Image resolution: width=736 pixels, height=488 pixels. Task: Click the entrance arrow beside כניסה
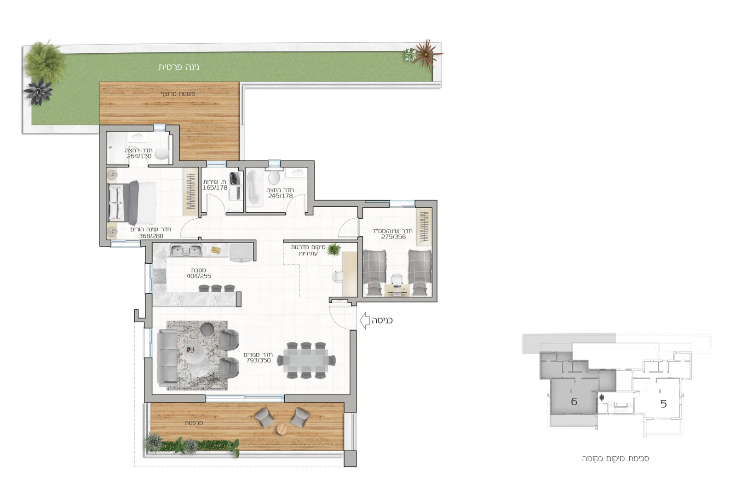(x=364, y=320)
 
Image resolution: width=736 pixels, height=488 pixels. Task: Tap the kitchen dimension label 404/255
(x=199, y=276)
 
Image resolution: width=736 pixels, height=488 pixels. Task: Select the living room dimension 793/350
(x=259, y=360)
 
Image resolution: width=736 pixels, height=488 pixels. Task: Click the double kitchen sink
(x=186, y=251)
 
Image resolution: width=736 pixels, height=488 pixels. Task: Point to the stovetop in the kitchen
(x=159, y=276)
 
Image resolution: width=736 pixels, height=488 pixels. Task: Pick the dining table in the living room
(x=306, y=360)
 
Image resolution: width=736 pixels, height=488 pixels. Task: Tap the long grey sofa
(x=167, y=357)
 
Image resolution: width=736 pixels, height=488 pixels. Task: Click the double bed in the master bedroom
(x=132, y=203)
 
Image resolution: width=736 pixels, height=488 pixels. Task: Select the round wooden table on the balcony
(x=282, y=429)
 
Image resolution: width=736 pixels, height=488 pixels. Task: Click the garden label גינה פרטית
(x=179, y=67)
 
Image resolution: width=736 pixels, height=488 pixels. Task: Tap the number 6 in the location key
(x=574, y=402)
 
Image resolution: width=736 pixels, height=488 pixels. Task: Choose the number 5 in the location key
(x=663, y=403)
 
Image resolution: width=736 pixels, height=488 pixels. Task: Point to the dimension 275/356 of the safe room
(x=393, y=237)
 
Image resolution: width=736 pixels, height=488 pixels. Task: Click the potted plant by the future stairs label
(x=334, y=249)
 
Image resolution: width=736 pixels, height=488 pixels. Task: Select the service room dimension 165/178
(x=215, y=188)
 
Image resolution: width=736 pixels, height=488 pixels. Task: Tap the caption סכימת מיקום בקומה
(x=615, y=459)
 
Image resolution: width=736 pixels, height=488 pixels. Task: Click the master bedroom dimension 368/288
(x=151, y=236)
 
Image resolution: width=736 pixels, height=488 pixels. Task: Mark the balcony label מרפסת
(x=194, y=423)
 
